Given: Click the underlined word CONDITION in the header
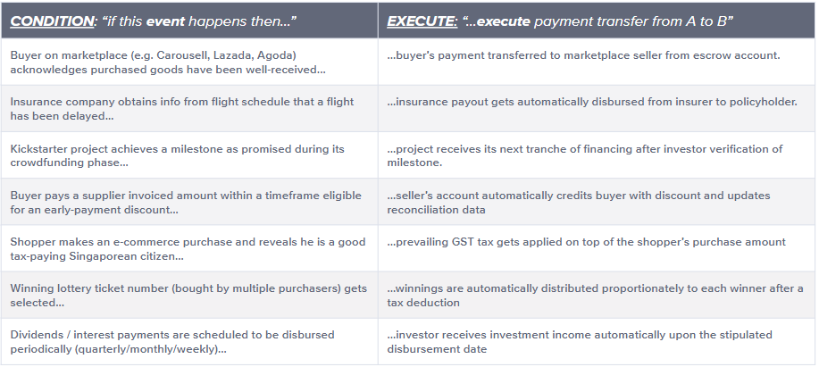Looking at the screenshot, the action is click(x=52, y=21).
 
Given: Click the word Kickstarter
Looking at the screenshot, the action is click(x=38, y=149).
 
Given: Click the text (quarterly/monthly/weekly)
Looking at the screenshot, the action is click(x=146, y=349).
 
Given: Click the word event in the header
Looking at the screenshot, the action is click(x=163, y=22).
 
